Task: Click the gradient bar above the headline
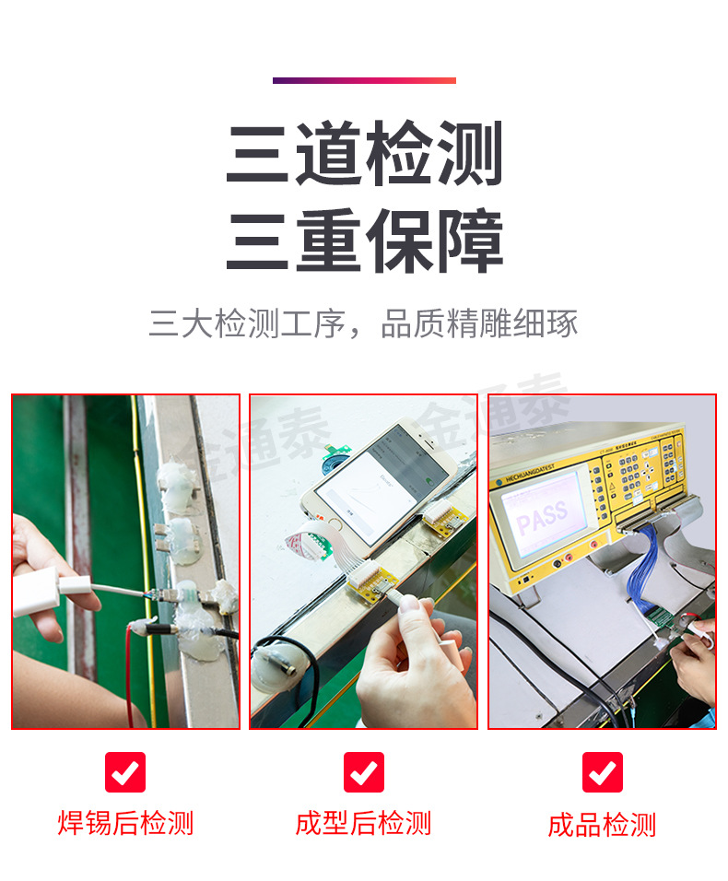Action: (x=364, y=80)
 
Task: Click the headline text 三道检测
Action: (x=364, y=154)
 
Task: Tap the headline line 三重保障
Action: (x=364, y=242)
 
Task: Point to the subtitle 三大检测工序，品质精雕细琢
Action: (x=364, y=324)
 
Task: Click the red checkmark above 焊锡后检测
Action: (x=125, y=772)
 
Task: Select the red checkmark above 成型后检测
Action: (x=364, y=772)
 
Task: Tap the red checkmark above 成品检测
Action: (x=603, y=772)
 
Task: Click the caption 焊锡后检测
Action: (x=125, y=823)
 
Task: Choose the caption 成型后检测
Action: (x=364, y=823)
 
